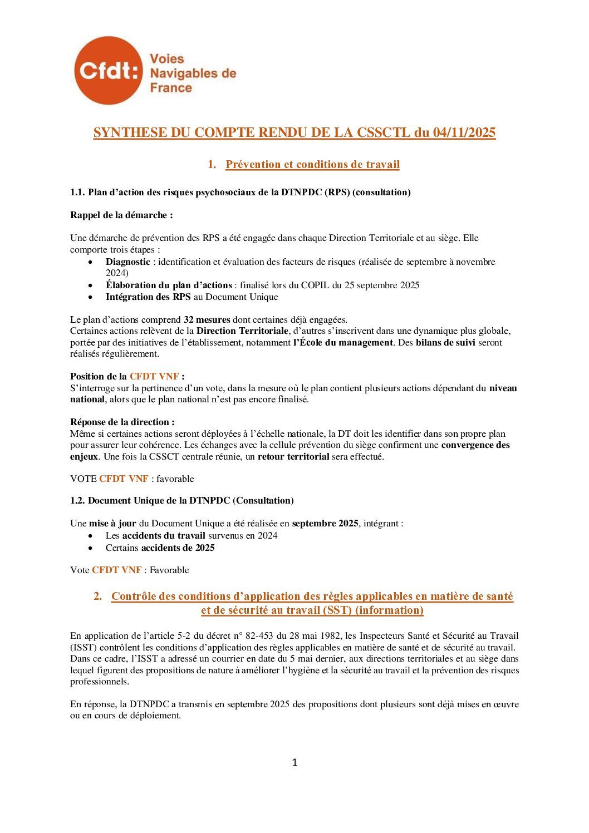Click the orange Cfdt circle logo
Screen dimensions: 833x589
click(x=108, y=71)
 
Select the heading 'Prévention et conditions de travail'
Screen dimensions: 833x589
click(x=312, y=164)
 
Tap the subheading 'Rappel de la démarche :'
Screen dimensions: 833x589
click(x=121, y=215)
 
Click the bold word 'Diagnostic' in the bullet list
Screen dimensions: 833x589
click(x=127, y=262)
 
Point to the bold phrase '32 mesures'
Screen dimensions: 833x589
click(x=207, y=319)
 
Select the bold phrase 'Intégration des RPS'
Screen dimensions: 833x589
click(x=148, y=297)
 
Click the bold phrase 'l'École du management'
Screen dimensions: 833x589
click(x=343, y=342)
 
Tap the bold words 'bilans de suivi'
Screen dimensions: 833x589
click(x=445, y=342)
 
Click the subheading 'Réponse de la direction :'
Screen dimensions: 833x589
click(x=122, y=422)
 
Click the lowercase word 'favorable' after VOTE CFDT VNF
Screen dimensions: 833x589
click(x=175, y=479)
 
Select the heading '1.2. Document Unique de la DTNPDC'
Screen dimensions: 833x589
click(x=181, y=500)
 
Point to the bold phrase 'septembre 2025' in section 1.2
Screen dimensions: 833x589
click(x=325, y=523)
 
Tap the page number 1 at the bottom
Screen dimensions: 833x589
click(x=294, y=763)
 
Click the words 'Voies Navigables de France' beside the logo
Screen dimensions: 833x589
click(x=193, y=73)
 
